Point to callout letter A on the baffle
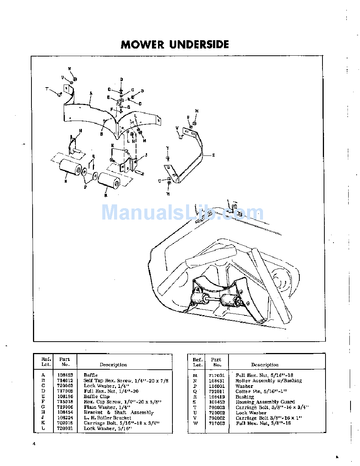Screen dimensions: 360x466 [x=91, y=93]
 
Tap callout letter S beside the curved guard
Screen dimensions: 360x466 [x=214, y=155]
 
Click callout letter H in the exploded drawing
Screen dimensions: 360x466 [x=80, y=130]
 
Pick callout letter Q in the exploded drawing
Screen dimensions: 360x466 [x=94, y=156]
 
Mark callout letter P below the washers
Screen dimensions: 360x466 [x=85, y=187]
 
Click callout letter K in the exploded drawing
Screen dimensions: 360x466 [x=113, y=145]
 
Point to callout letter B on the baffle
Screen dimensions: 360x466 [x=102, y=134]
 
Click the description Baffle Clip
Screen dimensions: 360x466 [x=97, y=397]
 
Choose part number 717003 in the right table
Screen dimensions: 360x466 [x=217, y=423]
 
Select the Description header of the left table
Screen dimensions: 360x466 [x=113, y=365]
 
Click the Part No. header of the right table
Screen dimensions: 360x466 [x=216, y=362]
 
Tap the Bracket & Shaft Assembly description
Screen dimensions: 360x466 [x=119, y=413]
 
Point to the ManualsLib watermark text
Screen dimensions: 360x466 [x=182, y=212]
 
